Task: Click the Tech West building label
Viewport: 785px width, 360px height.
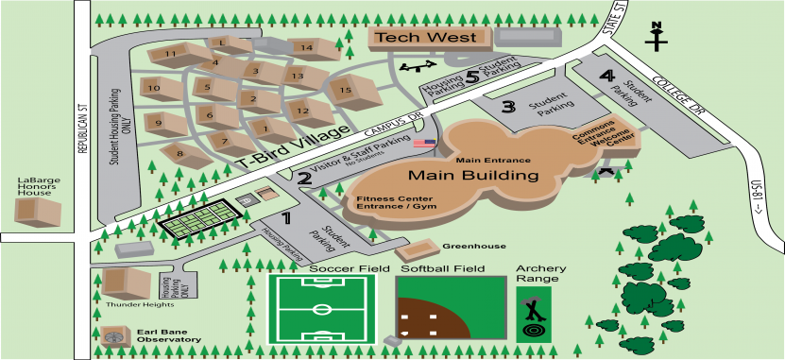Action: pos(426,38)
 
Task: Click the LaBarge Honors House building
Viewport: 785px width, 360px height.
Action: pos(40,210)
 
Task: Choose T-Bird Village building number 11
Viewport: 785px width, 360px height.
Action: pos(171,55)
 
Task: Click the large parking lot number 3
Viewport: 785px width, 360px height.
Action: pos(508,106)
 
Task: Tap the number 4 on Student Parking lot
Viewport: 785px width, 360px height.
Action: pos(607,76)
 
